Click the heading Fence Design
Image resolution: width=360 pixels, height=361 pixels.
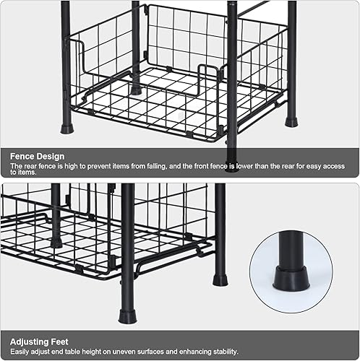tap(37, 156)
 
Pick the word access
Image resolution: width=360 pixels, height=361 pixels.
tap(337, 166)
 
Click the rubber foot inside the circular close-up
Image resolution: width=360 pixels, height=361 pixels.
tap(291, 278)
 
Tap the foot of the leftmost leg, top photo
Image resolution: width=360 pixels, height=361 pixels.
tap(67, 129)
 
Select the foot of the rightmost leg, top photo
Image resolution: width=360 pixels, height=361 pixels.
tap(291, 121)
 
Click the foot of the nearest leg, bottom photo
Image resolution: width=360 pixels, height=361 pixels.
tap(127, 316)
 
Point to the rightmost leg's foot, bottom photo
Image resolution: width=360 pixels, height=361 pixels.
tap(220, 279)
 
